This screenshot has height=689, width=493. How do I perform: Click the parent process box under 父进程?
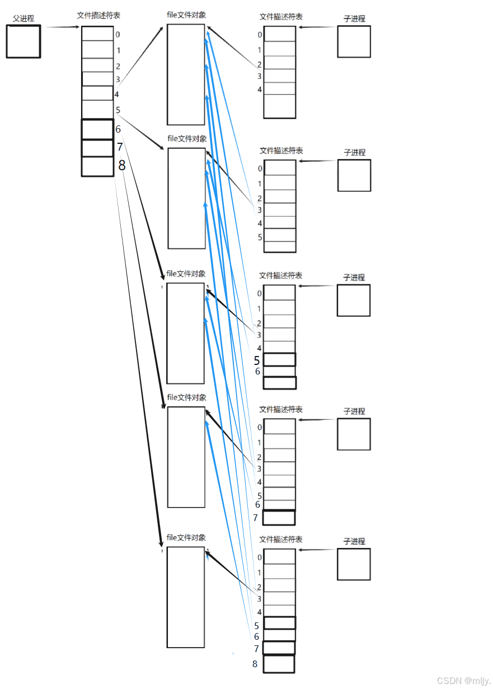[24, 41]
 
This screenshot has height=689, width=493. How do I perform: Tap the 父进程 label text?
[24, 18]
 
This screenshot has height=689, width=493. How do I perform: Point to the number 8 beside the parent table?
[121, 166]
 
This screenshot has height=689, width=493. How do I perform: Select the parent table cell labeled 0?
[97, 34]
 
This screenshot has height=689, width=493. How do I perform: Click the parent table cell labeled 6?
[97, 129]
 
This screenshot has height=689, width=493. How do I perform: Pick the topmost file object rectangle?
[186, 74]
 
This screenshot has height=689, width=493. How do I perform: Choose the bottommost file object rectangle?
[186, 597]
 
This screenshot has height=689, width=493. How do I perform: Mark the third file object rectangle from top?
[185, 333]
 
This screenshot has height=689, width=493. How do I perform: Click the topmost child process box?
[354, 41]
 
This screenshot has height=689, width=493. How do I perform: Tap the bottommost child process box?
[354, 564]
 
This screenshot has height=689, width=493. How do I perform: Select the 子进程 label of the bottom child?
[354, 541]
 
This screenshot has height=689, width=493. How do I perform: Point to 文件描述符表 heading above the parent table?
[98, 16]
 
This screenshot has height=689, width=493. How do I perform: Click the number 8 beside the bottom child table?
[255, 664]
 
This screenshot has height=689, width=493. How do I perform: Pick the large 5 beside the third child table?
[257, 360]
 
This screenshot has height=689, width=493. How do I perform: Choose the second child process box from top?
[354, 175]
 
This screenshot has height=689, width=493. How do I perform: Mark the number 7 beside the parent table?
[120, 147]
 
